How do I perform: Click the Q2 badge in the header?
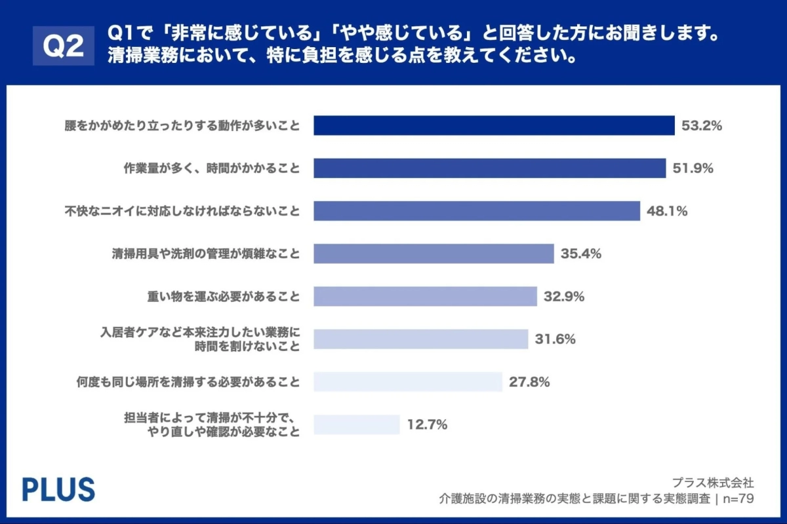63,47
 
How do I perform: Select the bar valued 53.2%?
494,125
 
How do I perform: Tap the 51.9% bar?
489,168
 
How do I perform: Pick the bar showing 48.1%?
476,211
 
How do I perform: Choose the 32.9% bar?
425,296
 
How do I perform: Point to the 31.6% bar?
420,339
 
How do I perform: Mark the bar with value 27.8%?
407,382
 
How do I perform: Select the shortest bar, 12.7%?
356,424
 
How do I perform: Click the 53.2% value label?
702,126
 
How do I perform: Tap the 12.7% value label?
427,424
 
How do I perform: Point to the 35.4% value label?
581,253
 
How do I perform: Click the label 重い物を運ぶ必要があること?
224,297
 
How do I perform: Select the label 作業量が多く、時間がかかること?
212,168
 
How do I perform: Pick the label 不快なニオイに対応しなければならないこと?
182,211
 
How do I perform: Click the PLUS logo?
58,489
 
